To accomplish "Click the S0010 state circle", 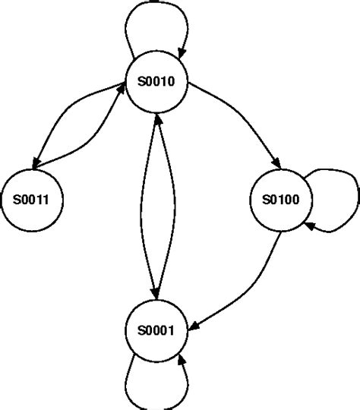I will click(156, 84).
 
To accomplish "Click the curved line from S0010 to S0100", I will click(243, 114).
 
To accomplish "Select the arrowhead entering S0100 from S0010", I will click(278, 166).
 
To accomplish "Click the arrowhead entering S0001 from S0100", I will click(191, 327).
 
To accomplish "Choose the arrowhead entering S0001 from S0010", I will click(156, 295).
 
